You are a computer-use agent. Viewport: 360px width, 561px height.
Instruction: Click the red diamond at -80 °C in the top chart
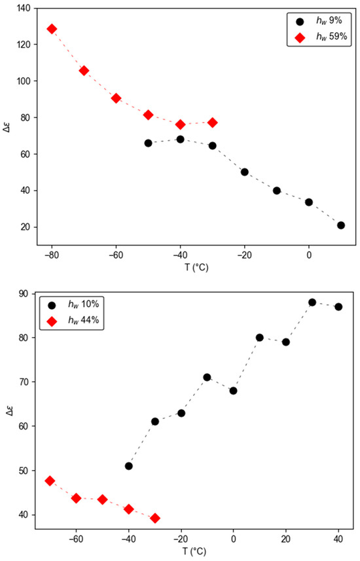click(52, 29)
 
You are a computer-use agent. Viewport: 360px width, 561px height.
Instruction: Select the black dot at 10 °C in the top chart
click(341, 225)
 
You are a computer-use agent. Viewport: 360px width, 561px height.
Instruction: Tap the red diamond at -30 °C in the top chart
click(213, 122)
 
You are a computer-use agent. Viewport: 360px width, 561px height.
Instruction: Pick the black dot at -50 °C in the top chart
click(148, 143)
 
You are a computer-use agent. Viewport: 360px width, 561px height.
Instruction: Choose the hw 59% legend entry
click(321, 37)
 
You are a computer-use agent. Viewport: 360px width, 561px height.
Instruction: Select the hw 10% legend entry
click(73, 305)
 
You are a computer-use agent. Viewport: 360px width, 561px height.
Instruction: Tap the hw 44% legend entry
click(73, 321)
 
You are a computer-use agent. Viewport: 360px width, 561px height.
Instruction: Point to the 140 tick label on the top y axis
click(24, 9)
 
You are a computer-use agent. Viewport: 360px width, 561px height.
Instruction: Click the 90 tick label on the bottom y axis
click(26, 294)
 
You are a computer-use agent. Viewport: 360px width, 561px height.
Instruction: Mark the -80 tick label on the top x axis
click(52, 255)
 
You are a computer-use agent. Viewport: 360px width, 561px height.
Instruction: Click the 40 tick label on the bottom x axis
click(338, 539)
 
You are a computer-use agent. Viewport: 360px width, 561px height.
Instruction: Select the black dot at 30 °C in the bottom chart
click(312, 302)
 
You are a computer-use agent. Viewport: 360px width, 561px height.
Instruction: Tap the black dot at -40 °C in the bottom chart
click(129, 466)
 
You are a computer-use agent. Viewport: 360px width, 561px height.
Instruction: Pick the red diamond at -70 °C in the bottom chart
click(50, 481)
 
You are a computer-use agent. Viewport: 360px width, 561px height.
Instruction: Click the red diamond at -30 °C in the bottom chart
click(155, 518)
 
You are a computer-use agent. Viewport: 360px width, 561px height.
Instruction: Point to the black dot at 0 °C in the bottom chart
click(233, 391)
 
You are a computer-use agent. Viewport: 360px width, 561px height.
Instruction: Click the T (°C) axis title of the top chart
click(196, 267)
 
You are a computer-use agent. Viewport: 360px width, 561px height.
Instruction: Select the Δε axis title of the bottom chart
click(10, 411)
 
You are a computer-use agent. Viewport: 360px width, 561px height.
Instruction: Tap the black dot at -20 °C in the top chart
click(245, 172)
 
